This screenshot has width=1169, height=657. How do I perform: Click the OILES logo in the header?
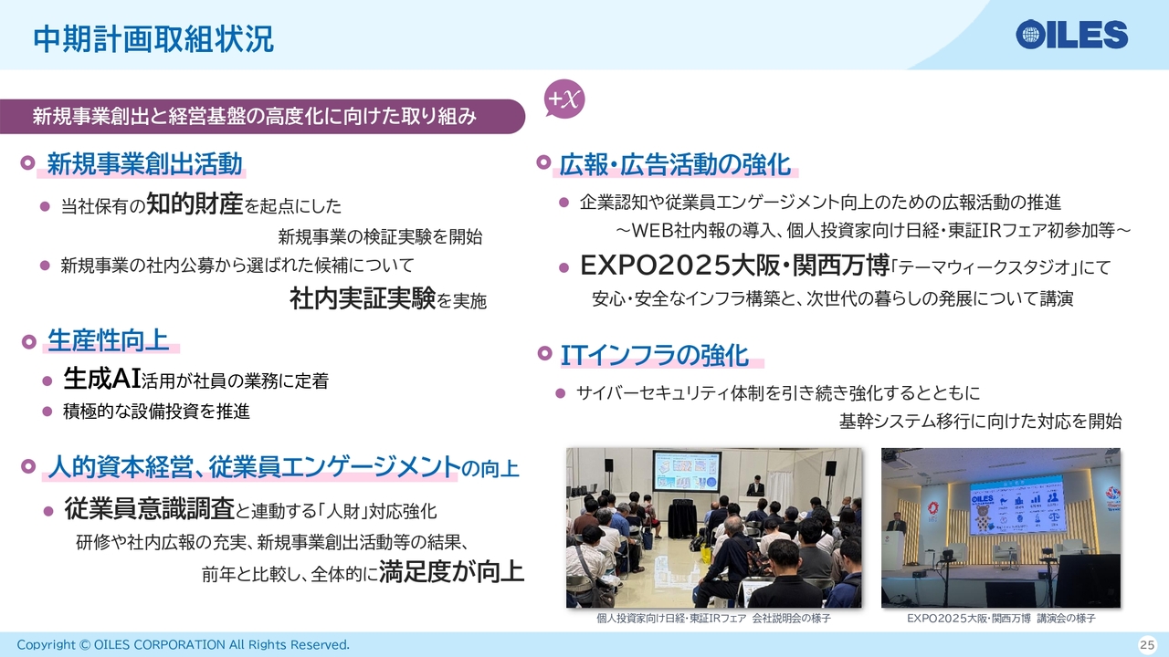click(1071, 35)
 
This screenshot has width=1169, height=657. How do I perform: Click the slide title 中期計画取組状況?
click(153, 39)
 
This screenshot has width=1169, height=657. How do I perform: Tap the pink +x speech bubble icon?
click(563, 99)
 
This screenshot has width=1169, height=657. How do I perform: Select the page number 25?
click(1147, 644)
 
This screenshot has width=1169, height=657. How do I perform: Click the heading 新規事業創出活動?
click(144, 163)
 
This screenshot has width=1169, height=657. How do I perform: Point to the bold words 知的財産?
click(195, 203)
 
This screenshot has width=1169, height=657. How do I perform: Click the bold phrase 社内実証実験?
click(363, 298)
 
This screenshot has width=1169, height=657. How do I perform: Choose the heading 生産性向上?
click(108, 340)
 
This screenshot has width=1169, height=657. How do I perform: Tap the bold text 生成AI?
click(102, 378)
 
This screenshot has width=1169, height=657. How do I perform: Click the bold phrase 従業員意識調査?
click(149, 508)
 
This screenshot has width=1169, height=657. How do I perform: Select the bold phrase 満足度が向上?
click(451, 571)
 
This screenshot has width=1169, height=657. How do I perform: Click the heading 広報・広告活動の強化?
click(675, 164)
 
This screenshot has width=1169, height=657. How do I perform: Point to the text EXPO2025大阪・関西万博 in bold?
click(735, 266)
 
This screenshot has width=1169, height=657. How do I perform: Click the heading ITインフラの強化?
click(655, 356)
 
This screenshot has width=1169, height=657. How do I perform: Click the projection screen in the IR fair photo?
click(688, 471)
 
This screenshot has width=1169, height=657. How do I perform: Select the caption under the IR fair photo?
click(713, 619)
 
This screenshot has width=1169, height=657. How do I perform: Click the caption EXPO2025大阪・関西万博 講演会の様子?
click(1001, 619)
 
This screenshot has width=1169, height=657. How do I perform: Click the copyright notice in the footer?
click(184, 645)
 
